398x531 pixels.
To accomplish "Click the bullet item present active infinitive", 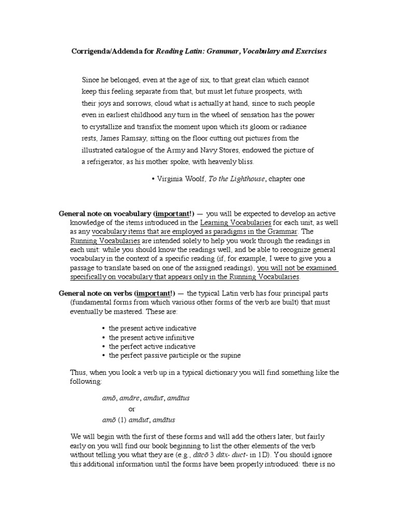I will (x=152, y=338).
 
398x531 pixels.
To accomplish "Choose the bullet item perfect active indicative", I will (x=152, y=346).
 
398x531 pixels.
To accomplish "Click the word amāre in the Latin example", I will (x=129, y=399).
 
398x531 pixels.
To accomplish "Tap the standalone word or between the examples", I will (x=131, y=409).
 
